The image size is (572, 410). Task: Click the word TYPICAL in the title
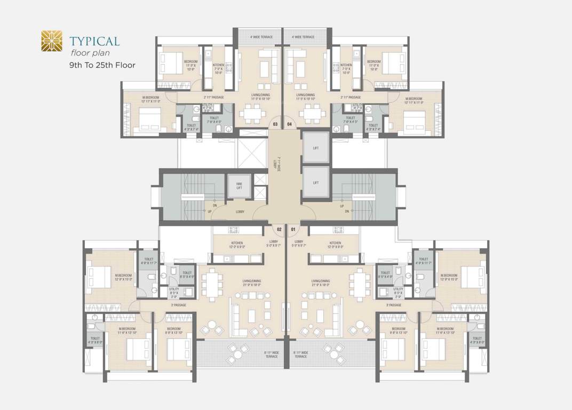[94, 41]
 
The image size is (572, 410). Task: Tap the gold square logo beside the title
[52, 41]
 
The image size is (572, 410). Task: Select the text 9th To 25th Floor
[102, 65]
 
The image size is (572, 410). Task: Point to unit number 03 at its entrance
[275, 124]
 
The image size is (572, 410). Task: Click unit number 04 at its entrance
[290, 124]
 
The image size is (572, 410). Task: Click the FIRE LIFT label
[240, 185]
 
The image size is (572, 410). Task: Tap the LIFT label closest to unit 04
[316, 148]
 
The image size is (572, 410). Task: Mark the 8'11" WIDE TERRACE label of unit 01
[301, 354]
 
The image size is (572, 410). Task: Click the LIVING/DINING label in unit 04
[305, 97]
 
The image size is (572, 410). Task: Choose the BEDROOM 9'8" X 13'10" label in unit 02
[174, 330]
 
